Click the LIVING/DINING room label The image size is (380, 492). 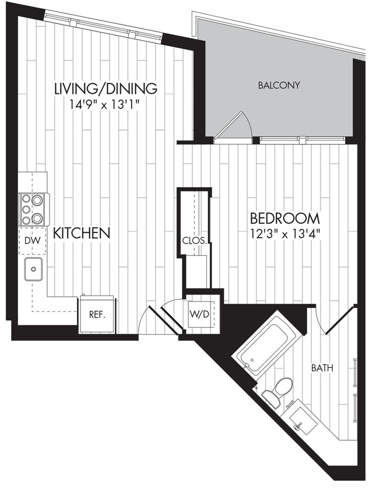(x=105, y=89)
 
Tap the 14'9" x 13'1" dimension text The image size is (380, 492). (x=105, y=104)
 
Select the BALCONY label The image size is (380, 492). (x=279, y=85)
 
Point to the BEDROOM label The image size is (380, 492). (x=285, y=219)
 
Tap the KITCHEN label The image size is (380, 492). (x=82, y=234)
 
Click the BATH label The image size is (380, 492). (x=322, y=368)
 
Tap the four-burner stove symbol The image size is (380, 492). (x=33, y=209)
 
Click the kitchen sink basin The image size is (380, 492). (x=33, y=269)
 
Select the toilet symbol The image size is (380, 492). (x=278, y=391)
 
